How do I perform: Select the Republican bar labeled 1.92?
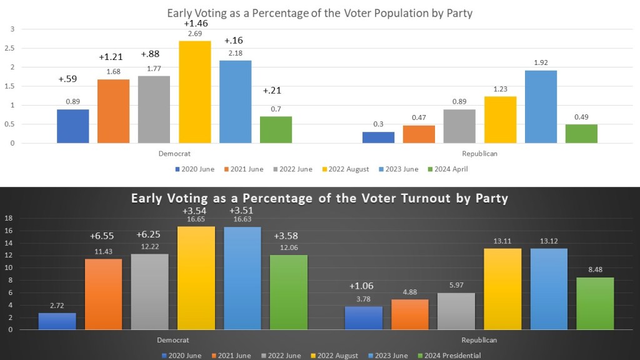click(541, 107)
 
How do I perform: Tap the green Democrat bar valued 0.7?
click(276, 129)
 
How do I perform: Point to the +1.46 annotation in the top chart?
click(195, 23)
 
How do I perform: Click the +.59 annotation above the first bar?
click(68, 79)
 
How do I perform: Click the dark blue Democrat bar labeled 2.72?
click(57, 321)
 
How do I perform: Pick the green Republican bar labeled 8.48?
click(595, 303)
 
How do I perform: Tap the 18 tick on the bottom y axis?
click(9, 218)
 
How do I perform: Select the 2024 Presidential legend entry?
click(451, 356)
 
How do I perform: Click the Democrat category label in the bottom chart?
click(172, 340)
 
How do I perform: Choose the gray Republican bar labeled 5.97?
click(456, 311)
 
